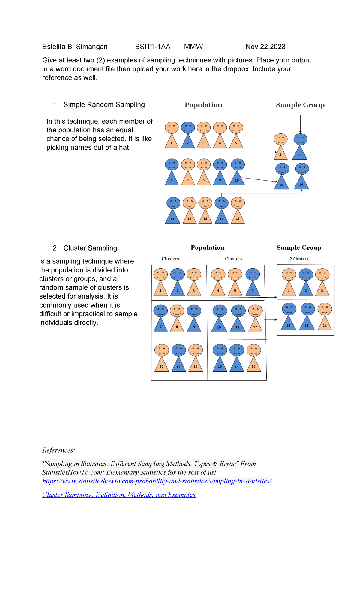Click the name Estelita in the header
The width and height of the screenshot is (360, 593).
pyautogui.click(x=54, y=47)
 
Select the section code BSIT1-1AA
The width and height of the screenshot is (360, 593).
pyautogui.click(x=153, y=47)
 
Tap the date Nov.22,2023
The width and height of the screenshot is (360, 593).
pyautogui.click(x=265, y=47)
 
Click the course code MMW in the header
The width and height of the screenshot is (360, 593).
pyautogui.click(x=193, y=47)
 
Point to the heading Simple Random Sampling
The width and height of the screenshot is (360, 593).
pyautogui.click(x=104, y=105)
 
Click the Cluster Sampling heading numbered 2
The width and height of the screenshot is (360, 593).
pyautogui.click(x=90, y=248)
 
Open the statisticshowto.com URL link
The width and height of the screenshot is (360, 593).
pyautogui.click(x=157, y=481)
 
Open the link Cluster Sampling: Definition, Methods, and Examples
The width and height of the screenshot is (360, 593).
pyautogui.click(x=119, y=495)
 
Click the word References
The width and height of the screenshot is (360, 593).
pyautogui.click(x=58, y=450)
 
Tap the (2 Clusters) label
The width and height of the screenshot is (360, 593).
pyautogui.click(x=299, y=259)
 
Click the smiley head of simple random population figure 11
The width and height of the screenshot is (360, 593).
pyautogui.click(x=173, y=203)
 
